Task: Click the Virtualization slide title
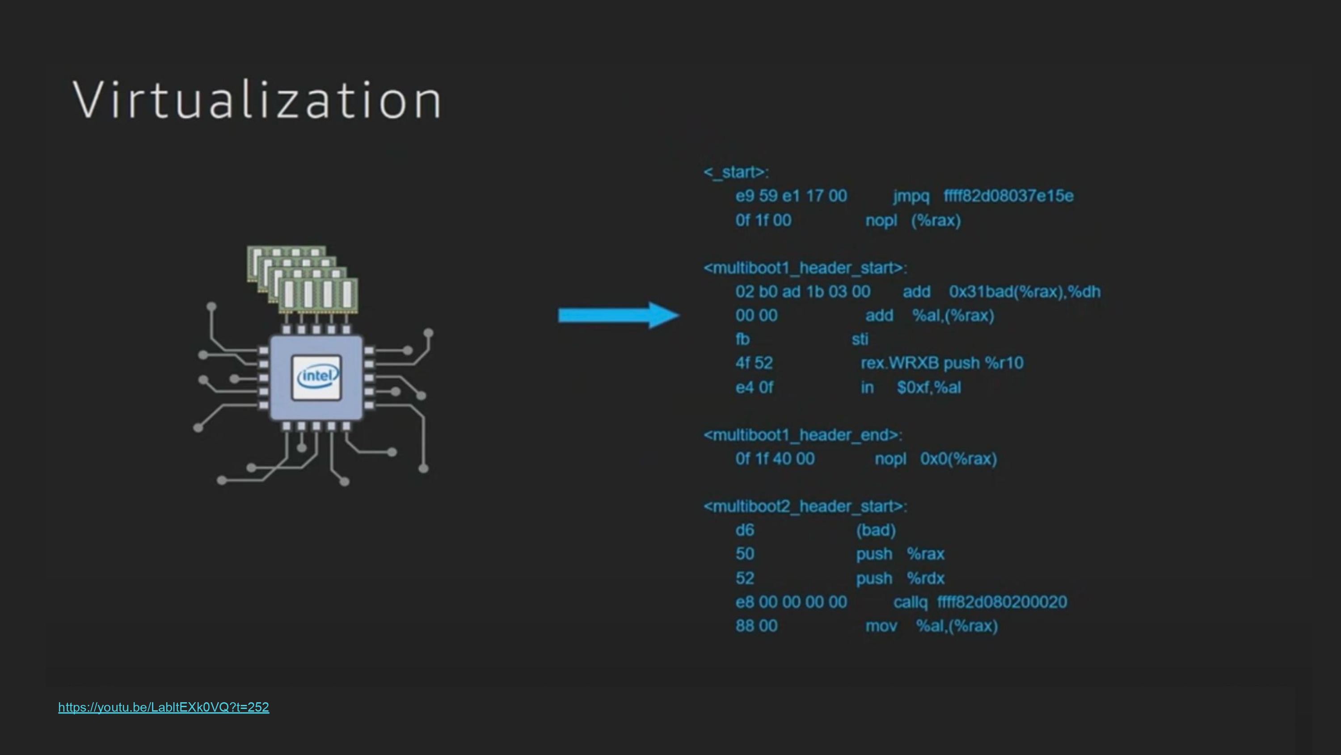[x=257, y=100]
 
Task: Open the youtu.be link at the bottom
[x=164, y=707]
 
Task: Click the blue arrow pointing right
[x=619, y=315]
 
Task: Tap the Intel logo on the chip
[x=317, y=377]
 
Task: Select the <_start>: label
[x=736, y=172]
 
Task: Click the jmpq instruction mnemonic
[x=911, y=196]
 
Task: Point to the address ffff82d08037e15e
[x=1008, y=196]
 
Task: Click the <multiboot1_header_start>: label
[x=805, y=268]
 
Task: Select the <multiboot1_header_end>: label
[x=803, y=435]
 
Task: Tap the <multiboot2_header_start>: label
[x=805, y=506]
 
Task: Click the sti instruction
[x=860, y=339]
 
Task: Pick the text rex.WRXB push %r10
[x=942, y=363]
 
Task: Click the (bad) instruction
[x=876, y=530]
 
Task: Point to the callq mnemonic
[x=911, y=602]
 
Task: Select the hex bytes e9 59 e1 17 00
[x=791, y=196]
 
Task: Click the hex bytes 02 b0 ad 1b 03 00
[x=803, y=292]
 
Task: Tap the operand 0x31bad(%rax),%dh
[x=1025, y=292]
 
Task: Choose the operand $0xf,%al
[x=929, y=387]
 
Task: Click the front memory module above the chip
[x=319, y=294]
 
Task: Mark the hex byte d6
[x=744, y=530]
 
